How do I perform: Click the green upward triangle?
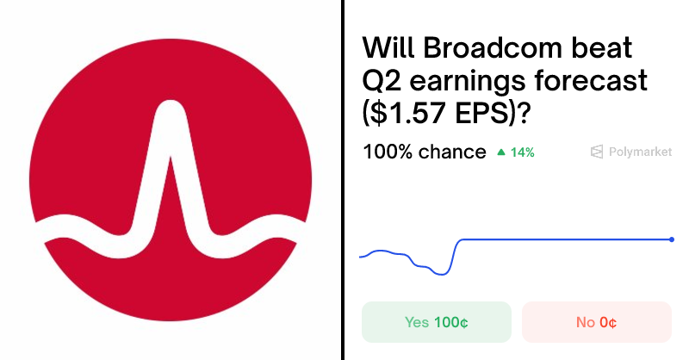click(501, 152)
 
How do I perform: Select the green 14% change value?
click(522, 152)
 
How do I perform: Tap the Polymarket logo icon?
click(596, 152)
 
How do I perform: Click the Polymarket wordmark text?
click(640, 152)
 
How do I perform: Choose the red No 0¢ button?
click(596, 322)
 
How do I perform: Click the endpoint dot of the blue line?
click(672, 239)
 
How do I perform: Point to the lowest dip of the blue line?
click(442, 274)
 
